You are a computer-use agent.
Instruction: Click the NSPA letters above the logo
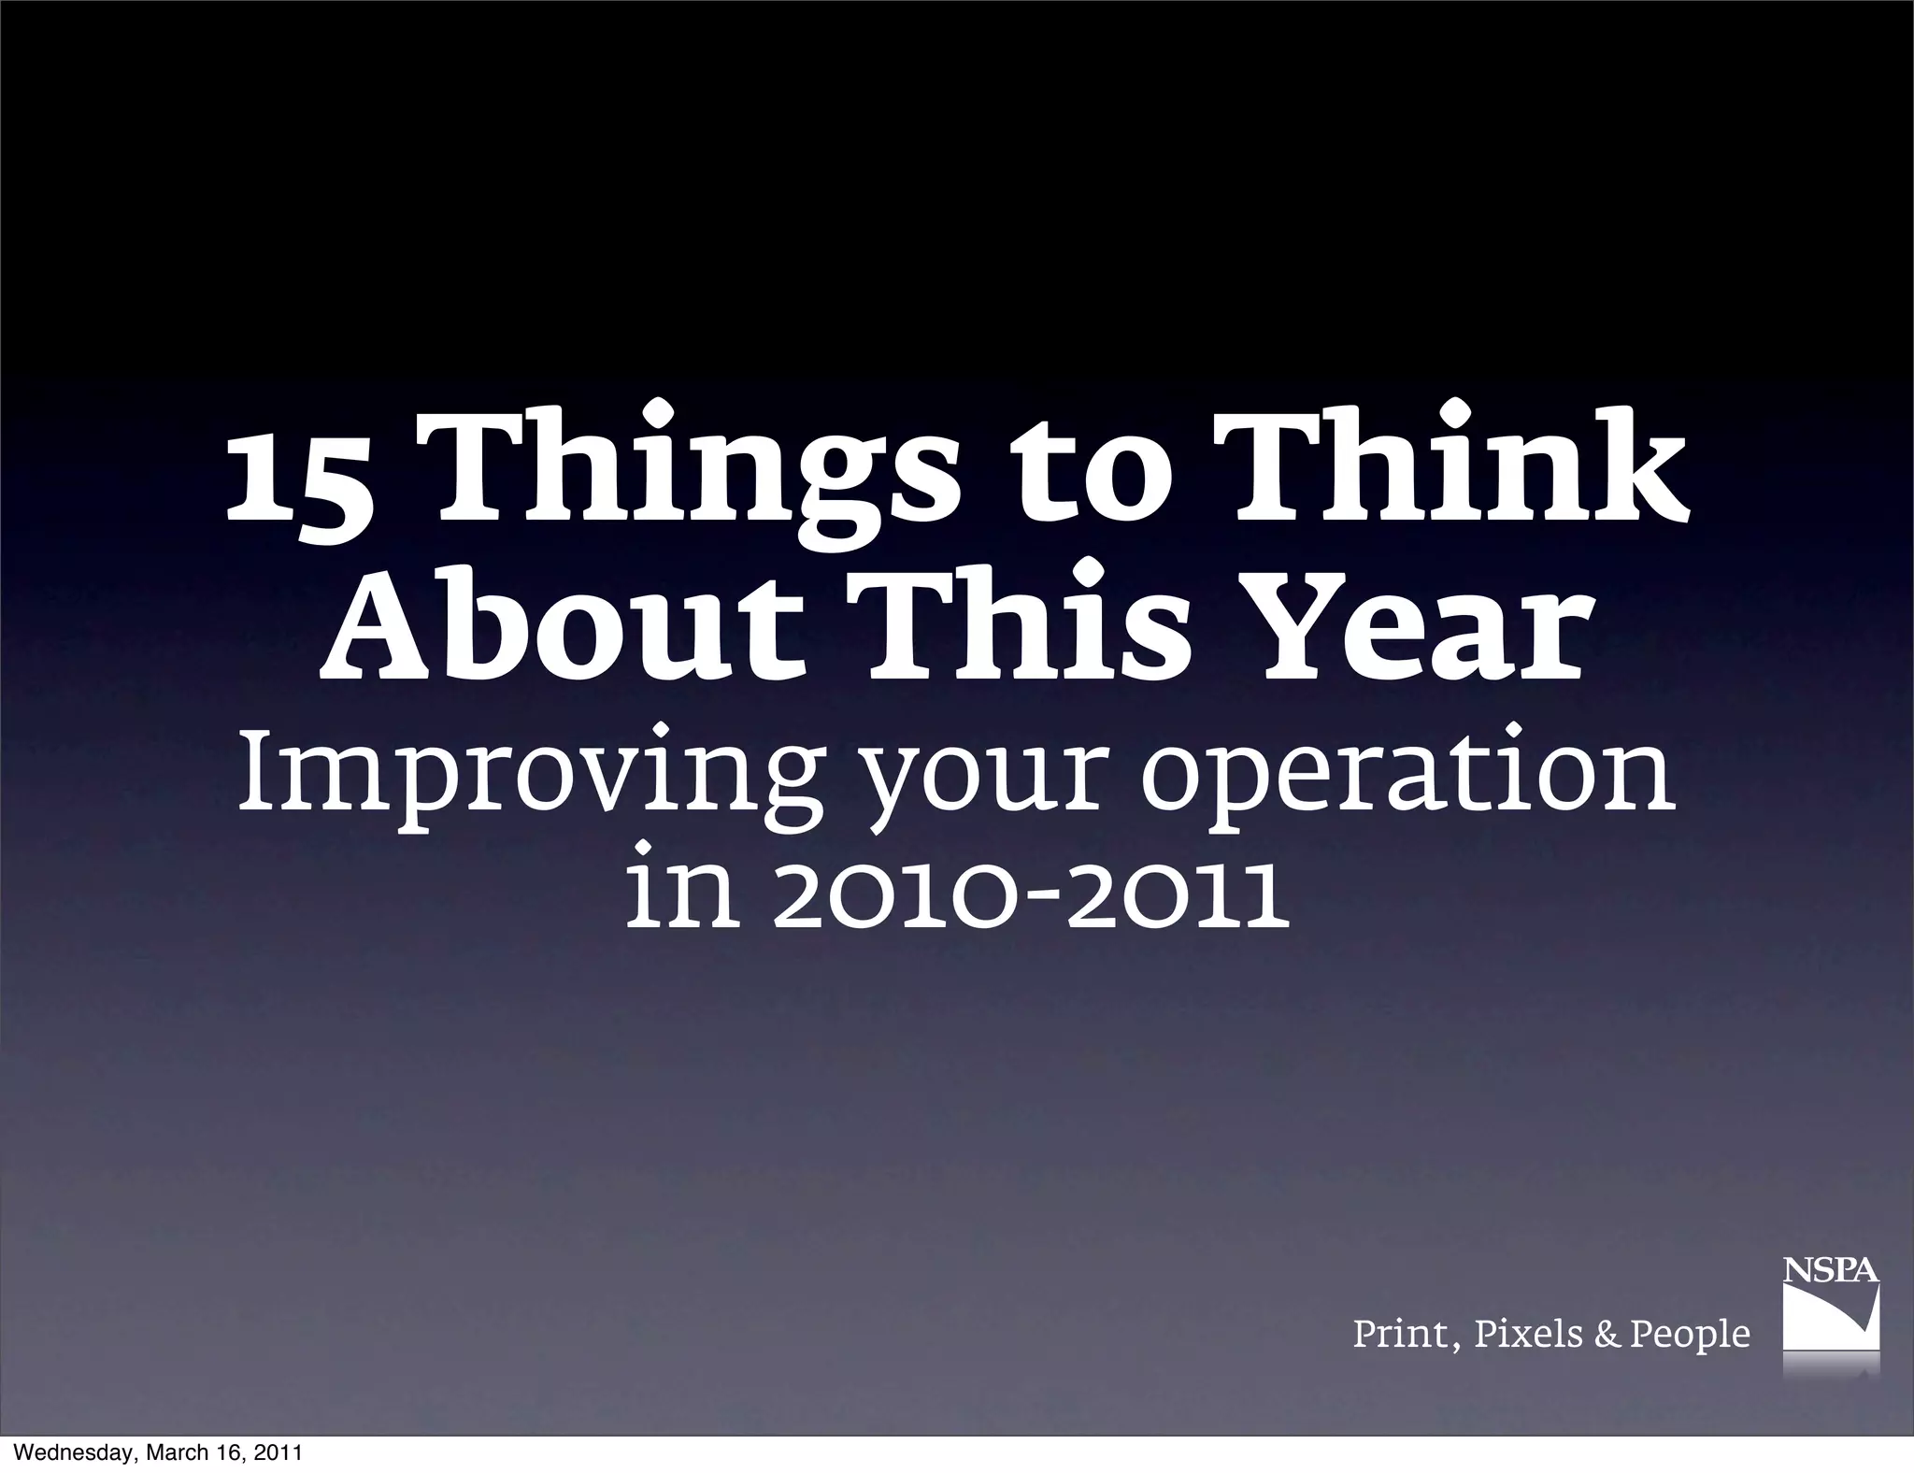[1831, 1271]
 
